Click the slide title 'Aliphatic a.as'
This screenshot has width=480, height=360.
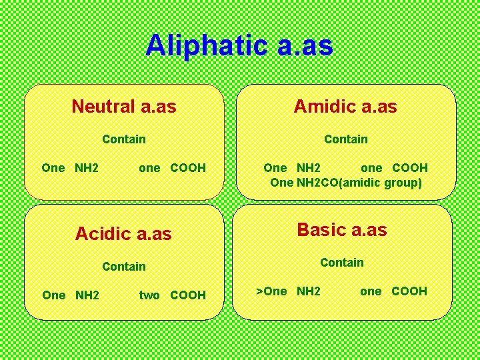point(239,46)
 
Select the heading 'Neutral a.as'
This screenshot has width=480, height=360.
point(124,106)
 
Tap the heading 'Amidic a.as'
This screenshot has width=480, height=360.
point(345,106)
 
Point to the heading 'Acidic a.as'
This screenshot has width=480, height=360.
point(123,233)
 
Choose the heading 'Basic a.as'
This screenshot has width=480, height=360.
point(341,230)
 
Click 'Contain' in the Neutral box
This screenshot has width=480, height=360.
point(124,139)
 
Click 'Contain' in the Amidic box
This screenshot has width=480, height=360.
point(345,139)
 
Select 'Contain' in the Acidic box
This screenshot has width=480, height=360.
point(124,267)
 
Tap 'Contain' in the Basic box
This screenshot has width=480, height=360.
point(341,263)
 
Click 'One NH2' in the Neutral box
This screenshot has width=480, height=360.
point(70,168)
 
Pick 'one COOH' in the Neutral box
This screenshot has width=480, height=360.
point(172,168)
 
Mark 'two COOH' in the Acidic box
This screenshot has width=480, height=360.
point(172,295)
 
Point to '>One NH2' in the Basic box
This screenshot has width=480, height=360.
point(289,291)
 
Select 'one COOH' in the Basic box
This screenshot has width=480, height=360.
point(393,291)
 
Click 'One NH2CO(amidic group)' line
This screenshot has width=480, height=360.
point(345,183)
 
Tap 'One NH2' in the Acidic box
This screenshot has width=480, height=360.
point(70,295)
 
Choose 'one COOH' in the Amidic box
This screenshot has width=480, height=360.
point(394,168)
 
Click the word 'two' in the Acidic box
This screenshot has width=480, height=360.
point(149,295)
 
